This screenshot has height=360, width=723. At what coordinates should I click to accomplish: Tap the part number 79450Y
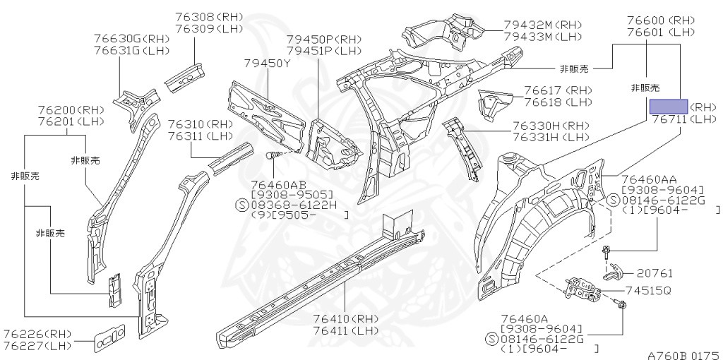[x=268, y=64]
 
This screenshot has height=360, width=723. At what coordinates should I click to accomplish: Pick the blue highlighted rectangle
[x=668, y=107]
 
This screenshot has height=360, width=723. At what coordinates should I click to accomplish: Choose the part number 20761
[x=655, y=272]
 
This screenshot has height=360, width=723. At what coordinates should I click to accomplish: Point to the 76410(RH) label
[x=345, y=319]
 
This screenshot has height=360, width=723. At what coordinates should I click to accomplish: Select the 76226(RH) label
[x=37, y=333]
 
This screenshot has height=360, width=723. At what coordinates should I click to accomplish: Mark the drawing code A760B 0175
[x=683, y=354]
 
